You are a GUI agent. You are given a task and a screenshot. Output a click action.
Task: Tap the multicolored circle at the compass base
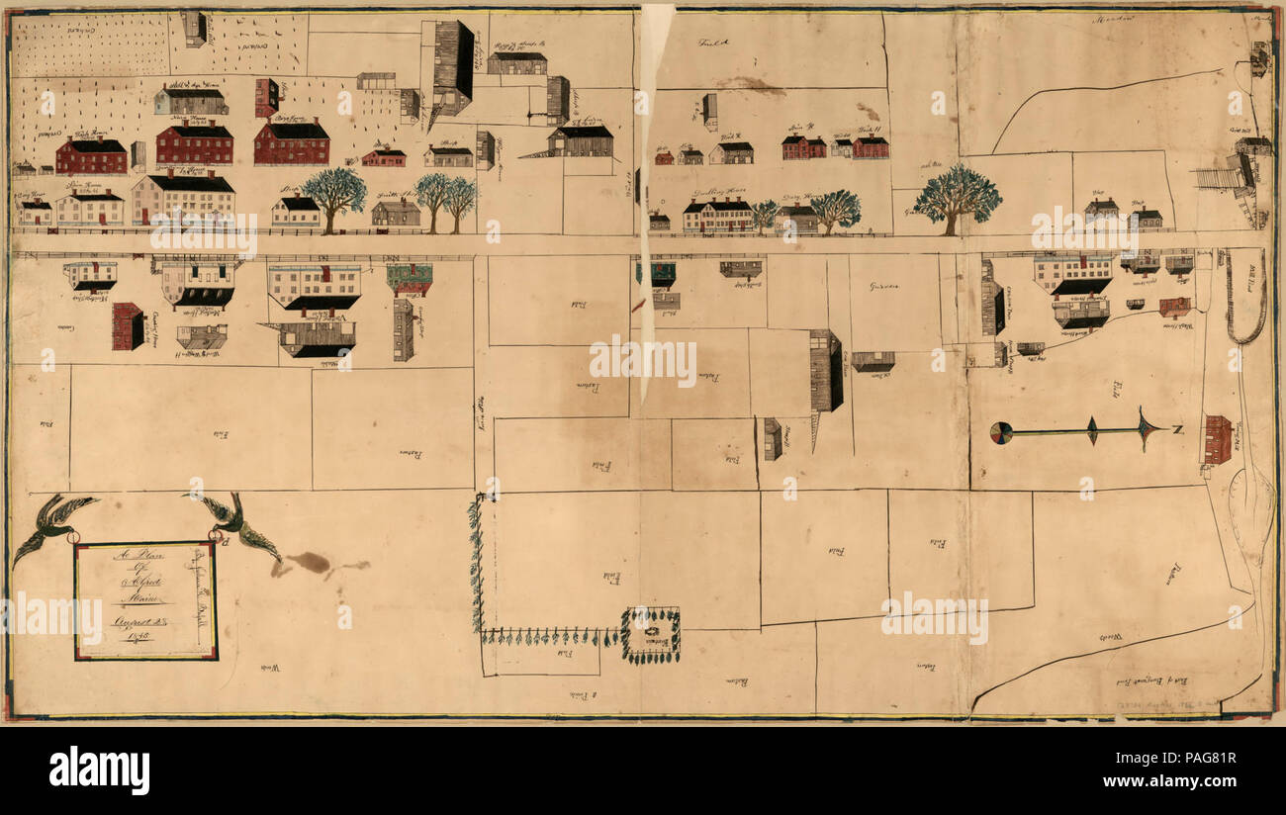(x=1001, y=432)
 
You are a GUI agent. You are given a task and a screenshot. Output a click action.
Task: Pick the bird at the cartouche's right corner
(x=235, y=522)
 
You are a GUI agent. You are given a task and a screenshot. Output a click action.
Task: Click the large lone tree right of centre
(x=957, y=197)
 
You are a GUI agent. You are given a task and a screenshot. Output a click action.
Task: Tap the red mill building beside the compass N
(x=1217, y=439)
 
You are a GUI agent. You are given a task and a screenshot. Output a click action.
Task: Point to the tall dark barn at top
(x=453, y=63)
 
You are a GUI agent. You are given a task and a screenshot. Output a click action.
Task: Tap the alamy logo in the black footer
(x=100, y=770)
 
